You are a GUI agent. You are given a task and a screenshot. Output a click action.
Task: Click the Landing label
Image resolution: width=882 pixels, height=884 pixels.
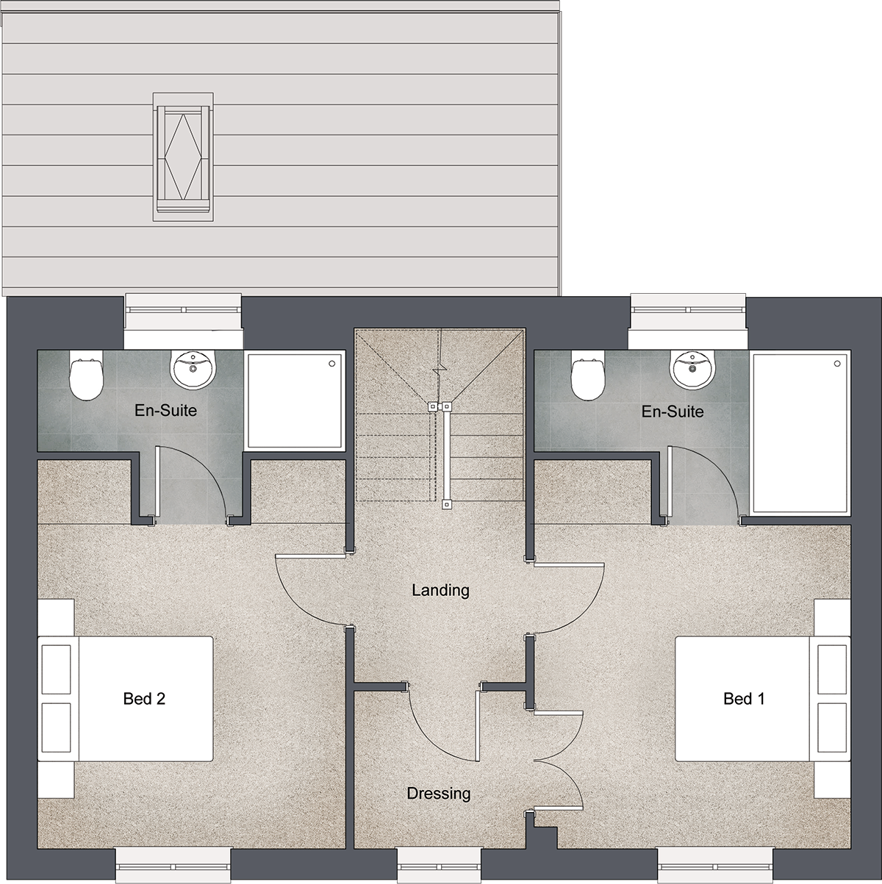point(440,590)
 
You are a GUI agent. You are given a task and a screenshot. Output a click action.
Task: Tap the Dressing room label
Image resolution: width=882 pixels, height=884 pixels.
point(439,793)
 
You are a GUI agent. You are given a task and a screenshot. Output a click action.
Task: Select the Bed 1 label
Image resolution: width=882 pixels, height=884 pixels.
point(744,699)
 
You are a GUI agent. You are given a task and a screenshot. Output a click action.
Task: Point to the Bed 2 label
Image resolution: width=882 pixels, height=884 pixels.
point(144,699)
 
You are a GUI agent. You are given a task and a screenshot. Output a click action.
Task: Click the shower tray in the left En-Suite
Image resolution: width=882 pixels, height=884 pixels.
point(295,400)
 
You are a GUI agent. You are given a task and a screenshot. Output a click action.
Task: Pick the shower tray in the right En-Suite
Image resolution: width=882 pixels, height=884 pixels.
point(800,433)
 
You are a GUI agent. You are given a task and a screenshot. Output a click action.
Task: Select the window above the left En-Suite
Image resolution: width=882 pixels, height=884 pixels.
point(184,320)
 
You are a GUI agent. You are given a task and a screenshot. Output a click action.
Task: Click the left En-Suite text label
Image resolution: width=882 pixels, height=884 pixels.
point(165,410)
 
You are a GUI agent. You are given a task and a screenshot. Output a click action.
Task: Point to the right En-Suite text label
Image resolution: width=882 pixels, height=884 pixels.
point(673,411)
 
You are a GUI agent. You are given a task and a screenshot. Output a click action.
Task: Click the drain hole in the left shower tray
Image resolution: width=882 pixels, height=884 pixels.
point(331,364)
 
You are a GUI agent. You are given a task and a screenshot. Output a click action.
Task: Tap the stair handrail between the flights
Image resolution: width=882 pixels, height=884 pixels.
point(445,455)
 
